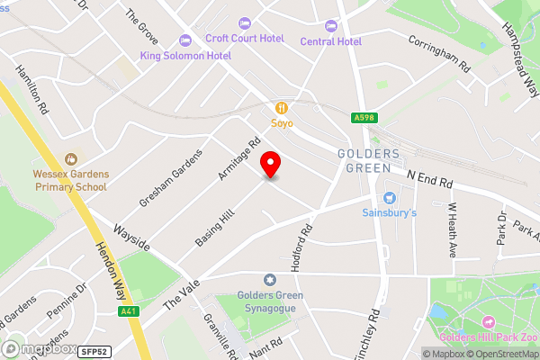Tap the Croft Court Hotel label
[244, 38]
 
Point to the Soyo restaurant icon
[281, 107]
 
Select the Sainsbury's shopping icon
[390, 197]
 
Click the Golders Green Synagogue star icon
[268, 281]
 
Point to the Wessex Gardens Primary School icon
[70, 158]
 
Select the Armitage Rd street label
[240, 158]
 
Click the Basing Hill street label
[213, 228]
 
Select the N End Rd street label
[428, 180]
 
